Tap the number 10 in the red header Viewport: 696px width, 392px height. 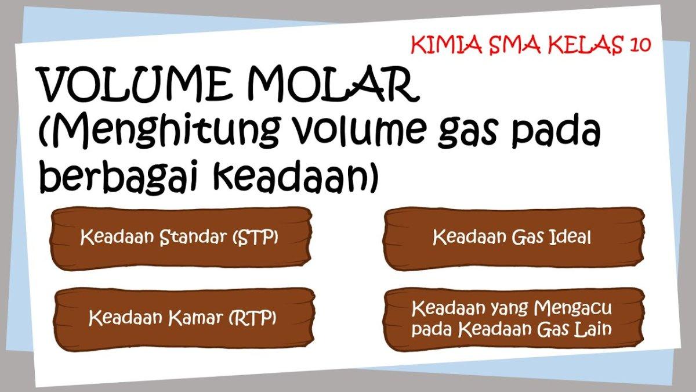click(x=639, y=45)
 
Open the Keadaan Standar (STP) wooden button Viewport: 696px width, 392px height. click(x=181, y=238)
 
